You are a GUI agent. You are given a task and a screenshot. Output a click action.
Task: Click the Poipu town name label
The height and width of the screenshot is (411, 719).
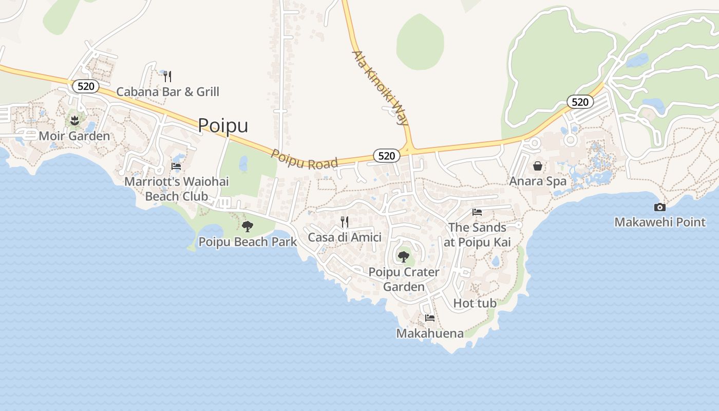[x=223, y=125]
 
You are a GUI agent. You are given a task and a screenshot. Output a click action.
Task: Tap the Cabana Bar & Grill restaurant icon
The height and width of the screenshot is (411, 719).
[x=167, y=77]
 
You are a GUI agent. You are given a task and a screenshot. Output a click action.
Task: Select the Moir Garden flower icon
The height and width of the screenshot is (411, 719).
[x=74, y=121]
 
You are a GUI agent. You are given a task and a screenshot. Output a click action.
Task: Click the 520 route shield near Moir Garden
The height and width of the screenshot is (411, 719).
[x=86, y=86]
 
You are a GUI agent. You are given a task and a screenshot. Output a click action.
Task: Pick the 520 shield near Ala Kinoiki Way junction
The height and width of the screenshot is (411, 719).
[x=386, y=156]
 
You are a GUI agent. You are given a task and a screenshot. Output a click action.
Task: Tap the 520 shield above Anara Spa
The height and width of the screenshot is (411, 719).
[x=580, y=102]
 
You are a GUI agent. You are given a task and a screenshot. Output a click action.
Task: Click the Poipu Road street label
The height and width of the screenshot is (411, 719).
[x=305, y=160]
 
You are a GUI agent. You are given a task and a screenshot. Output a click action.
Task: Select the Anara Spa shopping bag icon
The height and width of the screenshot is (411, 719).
[x=538, y=166]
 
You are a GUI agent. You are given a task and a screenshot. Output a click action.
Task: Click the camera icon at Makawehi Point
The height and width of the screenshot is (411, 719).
[x=660, y=207]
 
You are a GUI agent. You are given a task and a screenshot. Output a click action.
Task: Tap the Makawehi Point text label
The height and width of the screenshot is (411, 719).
[x=660, y=222]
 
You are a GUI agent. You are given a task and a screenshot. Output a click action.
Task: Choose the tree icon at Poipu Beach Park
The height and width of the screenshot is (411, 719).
[x=248, y=226]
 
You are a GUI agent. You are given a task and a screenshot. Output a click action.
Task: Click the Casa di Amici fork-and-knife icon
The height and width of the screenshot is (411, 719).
[x=345, y=222]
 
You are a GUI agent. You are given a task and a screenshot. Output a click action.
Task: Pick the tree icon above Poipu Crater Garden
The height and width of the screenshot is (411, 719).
[x=404, y=256]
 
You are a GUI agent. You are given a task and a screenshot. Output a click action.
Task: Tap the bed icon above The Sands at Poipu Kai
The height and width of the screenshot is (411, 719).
[x=477, y=212]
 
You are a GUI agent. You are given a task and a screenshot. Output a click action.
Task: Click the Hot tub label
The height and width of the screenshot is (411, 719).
[x=475, y=303]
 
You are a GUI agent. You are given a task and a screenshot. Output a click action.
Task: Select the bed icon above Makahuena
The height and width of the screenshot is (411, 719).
[x=430, y=318]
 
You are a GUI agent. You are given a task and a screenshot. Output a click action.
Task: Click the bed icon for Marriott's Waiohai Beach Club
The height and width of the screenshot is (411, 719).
[x=176, y=166]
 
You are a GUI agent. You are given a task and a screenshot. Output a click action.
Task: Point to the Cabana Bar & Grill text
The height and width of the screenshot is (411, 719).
[x=167, y=92]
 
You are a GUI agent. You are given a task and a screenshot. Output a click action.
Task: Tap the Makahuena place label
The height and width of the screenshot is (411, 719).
[x=430, y=333]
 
